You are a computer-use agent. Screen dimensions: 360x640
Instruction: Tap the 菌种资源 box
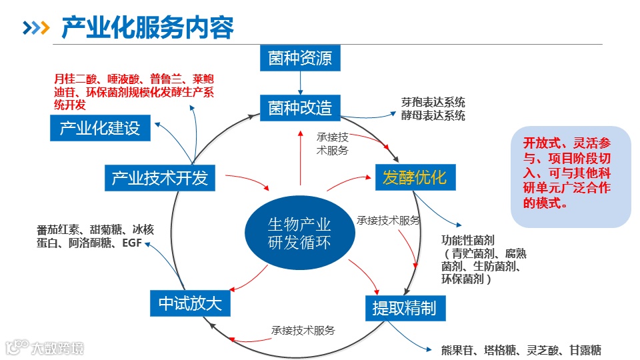(x=300, y=58)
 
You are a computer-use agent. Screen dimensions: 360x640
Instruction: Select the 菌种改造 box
(x=300, y=107)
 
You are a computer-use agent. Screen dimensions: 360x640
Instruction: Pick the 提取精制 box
(x=405, y=307)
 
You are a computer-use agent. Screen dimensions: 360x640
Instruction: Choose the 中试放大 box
(x=190, y=304)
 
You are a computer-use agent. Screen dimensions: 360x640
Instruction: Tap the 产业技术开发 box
(x=160, y=178)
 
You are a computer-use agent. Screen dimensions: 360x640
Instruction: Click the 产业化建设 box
(x=100, y=129)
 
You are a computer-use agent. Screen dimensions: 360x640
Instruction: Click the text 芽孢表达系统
(x=433, y=103)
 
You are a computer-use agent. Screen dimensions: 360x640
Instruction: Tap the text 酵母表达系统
(x=433, y=115)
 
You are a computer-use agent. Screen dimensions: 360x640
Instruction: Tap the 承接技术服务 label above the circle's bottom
(x=303, y=330)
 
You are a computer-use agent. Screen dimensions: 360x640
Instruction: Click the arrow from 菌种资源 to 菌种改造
(x=300, y=83)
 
